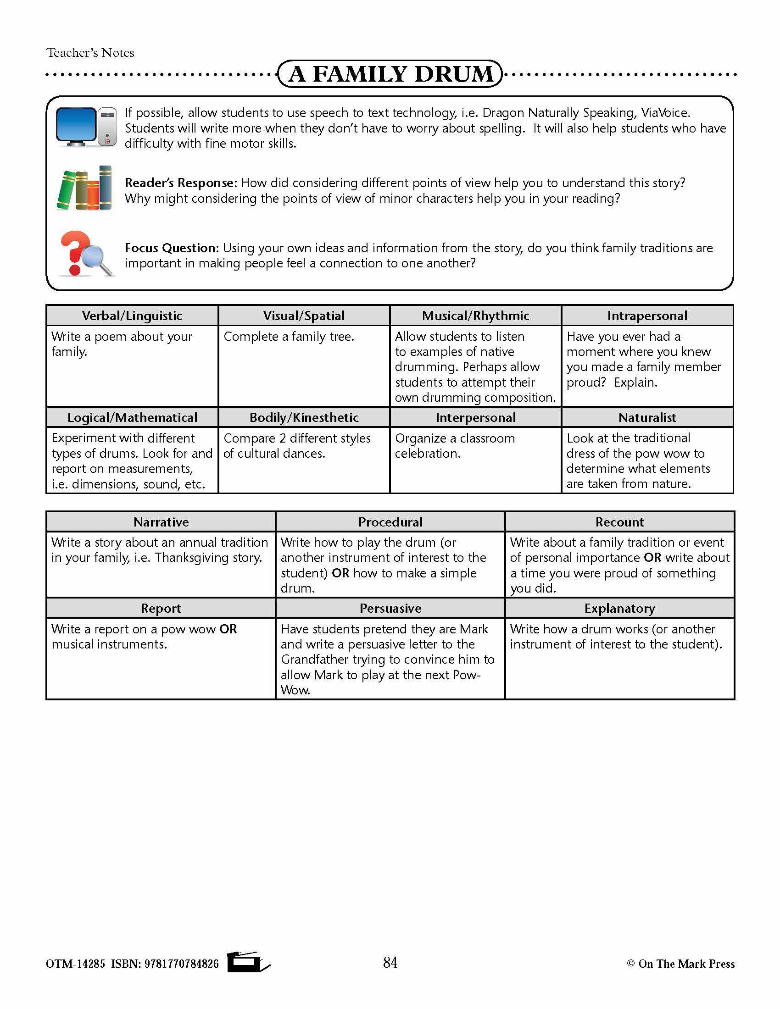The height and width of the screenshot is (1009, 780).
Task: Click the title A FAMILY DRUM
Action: [x=390, y=74]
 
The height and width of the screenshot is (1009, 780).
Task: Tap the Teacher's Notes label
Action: [x=90, y=53]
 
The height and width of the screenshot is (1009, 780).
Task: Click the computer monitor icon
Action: [x=86, y=127]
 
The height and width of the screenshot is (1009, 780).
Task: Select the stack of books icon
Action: [x=85, y=188]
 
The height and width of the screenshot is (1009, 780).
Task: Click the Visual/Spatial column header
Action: [x=304, y=316]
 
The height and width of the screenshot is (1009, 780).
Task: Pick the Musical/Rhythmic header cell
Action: [x=475, y=316]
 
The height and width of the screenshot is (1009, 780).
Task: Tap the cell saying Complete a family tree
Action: [x=289, y=336]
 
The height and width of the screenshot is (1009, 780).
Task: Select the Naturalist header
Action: [x=647, y=418]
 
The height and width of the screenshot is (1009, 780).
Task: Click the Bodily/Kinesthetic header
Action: [x=304, y=418]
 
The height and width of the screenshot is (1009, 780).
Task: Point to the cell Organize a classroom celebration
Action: [x=455, y=445]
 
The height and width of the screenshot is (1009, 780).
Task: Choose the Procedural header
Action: [x=390, y=522]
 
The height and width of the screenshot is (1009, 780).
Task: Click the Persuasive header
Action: [x=390, y=609]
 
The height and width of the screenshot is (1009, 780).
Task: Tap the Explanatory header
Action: [x=619, y=609]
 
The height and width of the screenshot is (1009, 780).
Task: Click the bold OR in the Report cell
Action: [x=228, y=629]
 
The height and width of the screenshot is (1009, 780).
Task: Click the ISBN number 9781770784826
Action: [x=181, y=964]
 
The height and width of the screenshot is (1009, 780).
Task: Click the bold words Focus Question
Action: [x=170, y=248]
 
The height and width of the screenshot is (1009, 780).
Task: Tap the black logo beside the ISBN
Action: [x=247, y=962]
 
